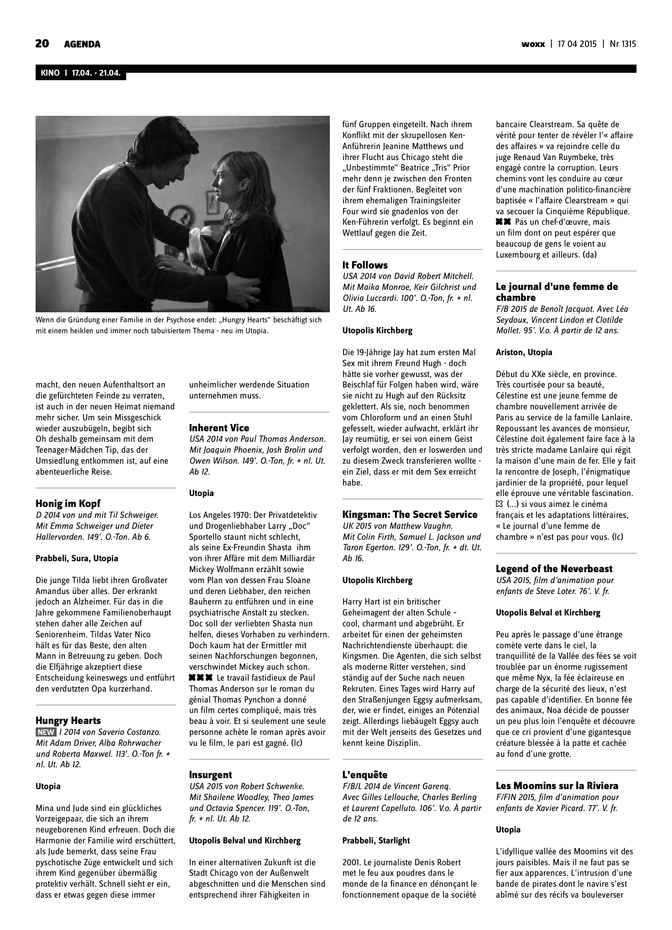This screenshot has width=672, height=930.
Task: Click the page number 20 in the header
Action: (x=42, y=44)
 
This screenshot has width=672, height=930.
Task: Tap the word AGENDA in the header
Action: (x=82, y=44)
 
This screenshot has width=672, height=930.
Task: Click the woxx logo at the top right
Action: (x=533, y=44)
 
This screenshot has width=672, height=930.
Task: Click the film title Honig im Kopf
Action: (x=68, y=504)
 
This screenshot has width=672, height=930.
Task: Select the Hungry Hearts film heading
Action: (x=68, y=721)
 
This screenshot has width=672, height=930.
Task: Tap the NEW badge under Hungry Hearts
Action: (x=46, y=732)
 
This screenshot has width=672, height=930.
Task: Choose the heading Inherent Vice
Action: (x=219, y=428)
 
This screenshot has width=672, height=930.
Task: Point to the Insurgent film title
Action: (x=210, y=775)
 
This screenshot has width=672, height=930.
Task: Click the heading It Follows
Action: (x=365, y=265)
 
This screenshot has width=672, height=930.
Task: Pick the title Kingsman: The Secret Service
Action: (x=410, y=515)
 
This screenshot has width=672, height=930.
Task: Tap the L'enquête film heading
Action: (x=365, y=775)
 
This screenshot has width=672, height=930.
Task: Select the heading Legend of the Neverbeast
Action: (x=554, y=569)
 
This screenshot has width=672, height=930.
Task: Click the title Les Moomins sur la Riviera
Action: (x=557, y=786)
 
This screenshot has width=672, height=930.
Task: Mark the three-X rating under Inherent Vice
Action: (x=201, y=678)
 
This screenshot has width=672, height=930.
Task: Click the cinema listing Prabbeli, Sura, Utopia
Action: (x=77, y=558)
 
